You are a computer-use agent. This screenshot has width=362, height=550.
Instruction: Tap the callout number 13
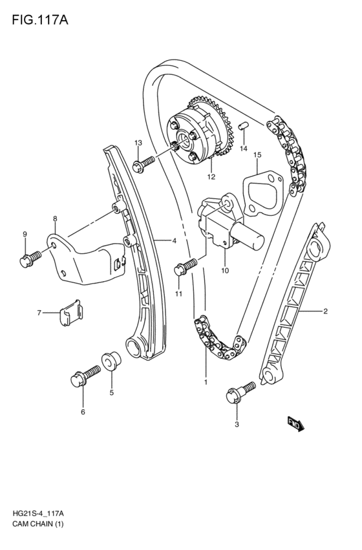click(138, 142)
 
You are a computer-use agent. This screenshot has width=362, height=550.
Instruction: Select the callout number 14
click(244, 149)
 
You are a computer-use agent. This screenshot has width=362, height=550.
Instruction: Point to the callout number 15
click(257, 155)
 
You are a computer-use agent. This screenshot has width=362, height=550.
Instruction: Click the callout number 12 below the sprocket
click(211, 176)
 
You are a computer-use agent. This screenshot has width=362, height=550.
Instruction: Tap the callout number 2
click(325, 312)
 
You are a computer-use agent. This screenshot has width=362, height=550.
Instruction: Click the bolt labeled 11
click(187, 264)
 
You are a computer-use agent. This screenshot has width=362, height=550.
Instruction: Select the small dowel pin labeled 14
click(244, 126)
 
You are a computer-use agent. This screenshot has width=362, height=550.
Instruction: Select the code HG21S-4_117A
click(41, 512)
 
